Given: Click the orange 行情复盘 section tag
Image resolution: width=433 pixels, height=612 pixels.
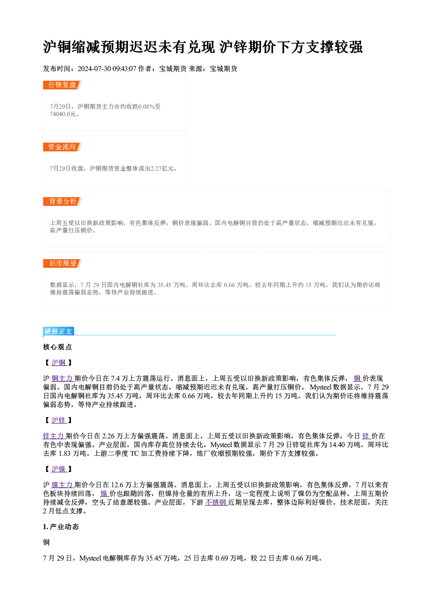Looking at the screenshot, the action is pyautogui.click(x=62, y=85).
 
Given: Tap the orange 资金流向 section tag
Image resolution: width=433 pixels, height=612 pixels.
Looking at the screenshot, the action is pyautogui.click(x=62, y=147).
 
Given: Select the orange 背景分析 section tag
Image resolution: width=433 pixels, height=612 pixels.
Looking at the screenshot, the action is pyautogui.click(x=62, y=202).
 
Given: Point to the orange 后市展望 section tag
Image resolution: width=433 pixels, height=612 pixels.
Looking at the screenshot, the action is pyautogui.click(x=62, y=263).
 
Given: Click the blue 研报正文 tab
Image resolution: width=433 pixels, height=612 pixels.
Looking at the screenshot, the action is pyautogui.click(x=58, y=332).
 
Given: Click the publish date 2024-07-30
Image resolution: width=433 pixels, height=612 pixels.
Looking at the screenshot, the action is pyautogui.click(x=94, y=69).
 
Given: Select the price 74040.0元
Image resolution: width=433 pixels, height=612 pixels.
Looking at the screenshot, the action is pyautogui.click(x=63, y=114).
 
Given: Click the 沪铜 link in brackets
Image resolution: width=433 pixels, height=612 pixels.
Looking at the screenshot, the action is pyautogui.click(x=59, y=362).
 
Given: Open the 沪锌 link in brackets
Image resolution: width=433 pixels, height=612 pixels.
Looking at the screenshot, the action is pyautogui.click(x=59, y=420).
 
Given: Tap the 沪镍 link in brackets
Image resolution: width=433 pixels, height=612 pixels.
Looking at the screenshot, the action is pyautogui.click(x=59, y=469).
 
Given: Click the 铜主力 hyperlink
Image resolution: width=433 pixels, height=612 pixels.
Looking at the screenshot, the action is pyautogui.click(x=62, y=378).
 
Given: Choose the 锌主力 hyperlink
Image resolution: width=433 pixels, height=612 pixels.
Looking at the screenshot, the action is pyautogui.click(x=54, y=436).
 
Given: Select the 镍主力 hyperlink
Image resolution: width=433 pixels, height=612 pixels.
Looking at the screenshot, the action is pyautogui.click(x=62, y=485).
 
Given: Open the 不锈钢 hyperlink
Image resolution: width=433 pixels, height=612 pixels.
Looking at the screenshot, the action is pyautogui.click(x=216, y=503).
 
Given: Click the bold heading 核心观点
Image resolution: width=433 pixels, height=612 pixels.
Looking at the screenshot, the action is pyautogui.click(x=58, y=347).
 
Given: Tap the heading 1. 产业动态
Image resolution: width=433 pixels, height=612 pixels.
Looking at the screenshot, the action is pyautogui.click(x=61, y=527).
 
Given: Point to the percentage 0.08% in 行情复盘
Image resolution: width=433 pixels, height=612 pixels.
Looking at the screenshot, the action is pyautogui.click(x=146, y=106).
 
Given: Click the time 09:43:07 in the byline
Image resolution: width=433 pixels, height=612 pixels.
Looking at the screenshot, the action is pyautogui.click(x=124, y=69).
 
